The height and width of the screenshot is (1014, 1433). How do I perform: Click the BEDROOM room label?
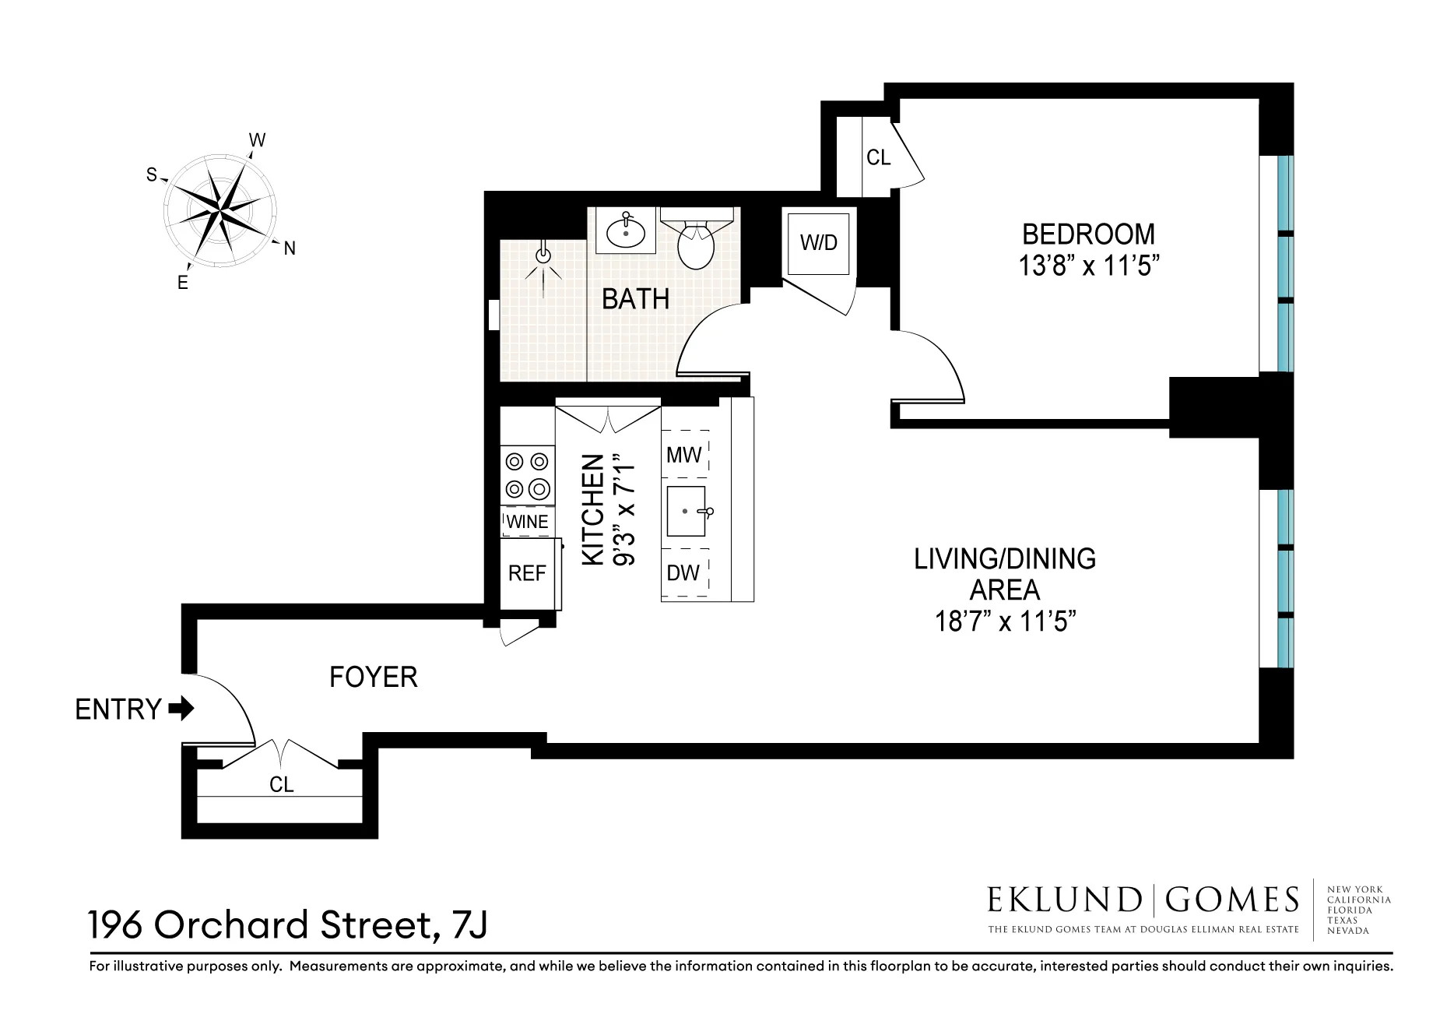click(1087, 234)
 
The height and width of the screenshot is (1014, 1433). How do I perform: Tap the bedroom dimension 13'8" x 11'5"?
click(1089, 266)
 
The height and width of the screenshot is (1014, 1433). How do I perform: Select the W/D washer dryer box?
click(818, 242)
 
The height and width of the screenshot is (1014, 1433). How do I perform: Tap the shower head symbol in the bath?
click(543, 255)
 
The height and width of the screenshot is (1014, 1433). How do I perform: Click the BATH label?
click(635, 299)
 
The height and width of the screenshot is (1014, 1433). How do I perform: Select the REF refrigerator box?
click(527, 574)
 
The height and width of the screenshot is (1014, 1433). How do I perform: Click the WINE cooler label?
click(527, 522)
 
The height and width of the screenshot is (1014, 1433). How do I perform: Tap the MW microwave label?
click(684, 455)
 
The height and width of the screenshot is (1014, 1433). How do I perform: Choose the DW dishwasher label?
click(683, 573)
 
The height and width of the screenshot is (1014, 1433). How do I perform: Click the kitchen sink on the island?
click(686, 512)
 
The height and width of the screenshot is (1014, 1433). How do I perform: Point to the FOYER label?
click(374, 677)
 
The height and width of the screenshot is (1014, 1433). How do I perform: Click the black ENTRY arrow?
click(181, 709)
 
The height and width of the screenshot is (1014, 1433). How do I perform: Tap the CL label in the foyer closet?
click(281, 784)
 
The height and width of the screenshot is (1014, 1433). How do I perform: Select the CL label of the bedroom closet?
click(878, 158)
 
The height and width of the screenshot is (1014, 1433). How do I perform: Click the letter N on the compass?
click(290, 249)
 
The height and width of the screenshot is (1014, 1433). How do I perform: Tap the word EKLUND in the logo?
click(1063, 900)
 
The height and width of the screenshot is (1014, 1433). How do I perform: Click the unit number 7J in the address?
click(467, 926)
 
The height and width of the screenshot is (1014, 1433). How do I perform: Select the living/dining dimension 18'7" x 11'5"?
click(1005, 622)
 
